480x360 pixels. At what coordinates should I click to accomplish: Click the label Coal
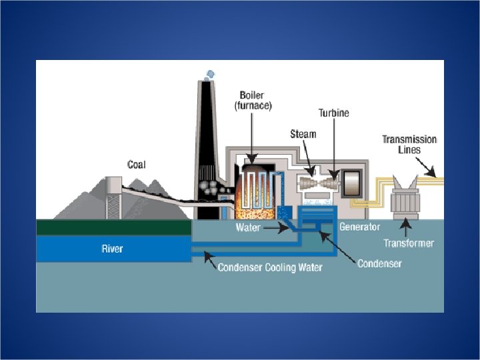136,164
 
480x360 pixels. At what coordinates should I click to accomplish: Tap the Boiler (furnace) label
253,100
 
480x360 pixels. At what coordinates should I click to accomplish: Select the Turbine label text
333,113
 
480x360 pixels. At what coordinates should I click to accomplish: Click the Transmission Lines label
409,144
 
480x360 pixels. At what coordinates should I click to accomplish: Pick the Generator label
359,227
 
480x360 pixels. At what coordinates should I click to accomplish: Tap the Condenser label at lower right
379,263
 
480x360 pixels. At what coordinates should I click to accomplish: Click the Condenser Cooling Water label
270,267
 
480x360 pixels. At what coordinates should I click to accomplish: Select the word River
112,249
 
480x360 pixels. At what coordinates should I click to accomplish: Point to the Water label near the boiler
248,227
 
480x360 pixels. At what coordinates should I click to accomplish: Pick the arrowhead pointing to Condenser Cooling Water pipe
208,255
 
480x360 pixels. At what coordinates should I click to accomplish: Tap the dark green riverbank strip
113,227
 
